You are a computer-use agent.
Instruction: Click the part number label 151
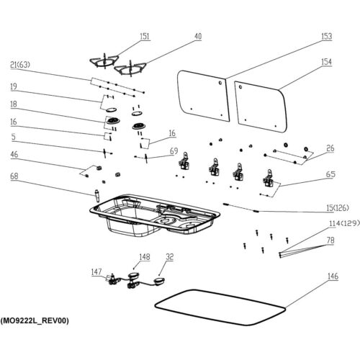point(145,36)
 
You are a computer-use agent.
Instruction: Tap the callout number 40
point(198,36)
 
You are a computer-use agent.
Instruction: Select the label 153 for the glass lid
point(327,36)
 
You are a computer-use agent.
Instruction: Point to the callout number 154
point(327,62)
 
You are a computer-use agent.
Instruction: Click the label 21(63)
point(20,65)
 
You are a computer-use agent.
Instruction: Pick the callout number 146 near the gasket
point(333,276)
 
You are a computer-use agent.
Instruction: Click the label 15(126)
point(338,208)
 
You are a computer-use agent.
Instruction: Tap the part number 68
point(14,176)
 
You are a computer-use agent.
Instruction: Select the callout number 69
point(174,151)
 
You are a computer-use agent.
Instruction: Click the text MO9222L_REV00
point(35,320)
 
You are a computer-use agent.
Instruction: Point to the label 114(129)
point(345,223)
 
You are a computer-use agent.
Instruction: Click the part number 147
point(96,272)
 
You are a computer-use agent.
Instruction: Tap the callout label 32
point(169,257)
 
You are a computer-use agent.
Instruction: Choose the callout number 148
point(145,257)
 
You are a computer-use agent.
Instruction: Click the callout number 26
point(330,148)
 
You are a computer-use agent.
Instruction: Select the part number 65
point(330,174)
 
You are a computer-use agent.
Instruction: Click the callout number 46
point(14,154)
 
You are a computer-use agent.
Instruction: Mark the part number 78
point(330,240)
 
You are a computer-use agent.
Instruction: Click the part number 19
point(14,86)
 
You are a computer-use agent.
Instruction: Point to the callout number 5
point(13,137)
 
